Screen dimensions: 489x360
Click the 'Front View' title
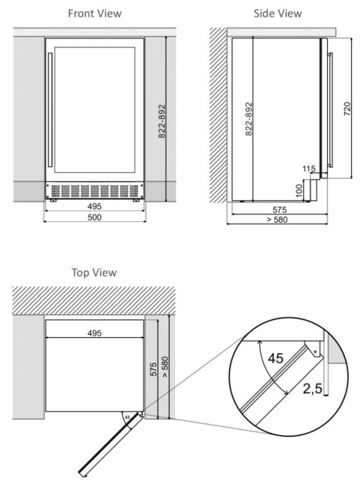click(x=94, y=14)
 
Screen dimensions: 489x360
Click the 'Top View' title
click(x=94, y=272)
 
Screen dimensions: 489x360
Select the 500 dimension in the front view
click(x=94, y=217)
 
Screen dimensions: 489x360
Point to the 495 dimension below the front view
click(x=94, y=205)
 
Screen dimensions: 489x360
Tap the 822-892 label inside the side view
click(x=248, y=119)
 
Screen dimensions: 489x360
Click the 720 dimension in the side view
click(x=346, y=109)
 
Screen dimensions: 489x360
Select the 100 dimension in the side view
click(x=299, y=189)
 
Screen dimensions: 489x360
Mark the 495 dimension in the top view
click(x=94, y=332)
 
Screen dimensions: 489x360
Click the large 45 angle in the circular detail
click(x=275, y=358)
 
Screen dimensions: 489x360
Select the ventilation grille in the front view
click(x=94, y=190)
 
